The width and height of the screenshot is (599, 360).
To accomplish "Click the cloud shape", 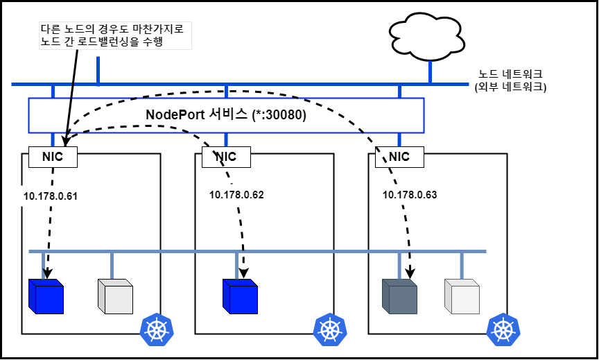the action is click(426, 37).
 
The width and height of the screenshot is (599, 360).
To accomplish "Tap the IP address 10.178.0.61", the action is click(51, 196).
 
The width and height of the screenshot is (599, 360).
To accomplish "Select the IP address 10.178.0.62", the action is click(236, 195).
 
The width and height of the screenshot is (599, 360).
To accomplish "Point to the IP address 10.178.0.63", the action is click(410, 195).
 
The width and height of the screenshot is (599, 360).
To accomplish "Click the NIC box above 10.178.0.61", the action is click(53, 157).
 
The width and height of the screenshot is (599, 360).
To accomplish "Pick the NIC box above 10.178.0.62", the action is click(226, 157).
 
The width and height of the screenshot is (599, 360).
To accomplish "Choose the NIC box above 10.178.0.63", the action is click(399, 157).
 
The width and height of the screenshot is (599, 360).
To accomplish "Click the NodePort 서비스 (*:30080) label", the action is click(226, 115).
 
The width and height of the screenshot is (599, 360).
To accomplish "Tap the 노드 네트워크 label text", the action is click(510, 74).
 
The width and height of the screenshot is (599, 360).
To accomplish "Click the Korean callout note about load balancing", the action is click(115, 35).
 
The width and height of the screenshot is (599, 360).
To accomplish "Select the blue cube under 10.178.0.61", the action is click(46, 297).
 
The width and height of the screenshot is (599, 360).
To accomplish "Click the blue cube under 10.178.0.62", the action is click(241, 297).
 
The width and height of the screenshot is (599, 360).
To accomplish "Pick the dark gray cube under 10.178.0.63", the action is click(399, 297).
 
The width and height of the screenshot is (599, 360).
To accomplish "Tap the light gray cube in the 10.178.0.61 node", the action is click(115, 297).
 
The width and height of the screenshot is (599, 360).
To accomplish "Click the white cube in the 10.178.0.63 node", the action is click(462, 297).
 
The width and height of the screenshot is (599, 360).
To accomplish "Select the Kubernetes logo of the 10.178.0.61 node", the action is click(157, 329).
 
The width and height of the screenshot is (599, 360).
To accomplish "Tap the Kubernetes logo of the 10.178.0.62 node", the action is click(330, 329).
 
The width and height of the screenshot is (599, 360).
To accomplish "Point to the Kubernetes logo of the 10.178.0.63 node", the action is click(503, 329).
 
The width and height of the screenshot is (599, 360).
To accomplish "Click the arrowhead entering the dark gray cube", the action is click(410, 273).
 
